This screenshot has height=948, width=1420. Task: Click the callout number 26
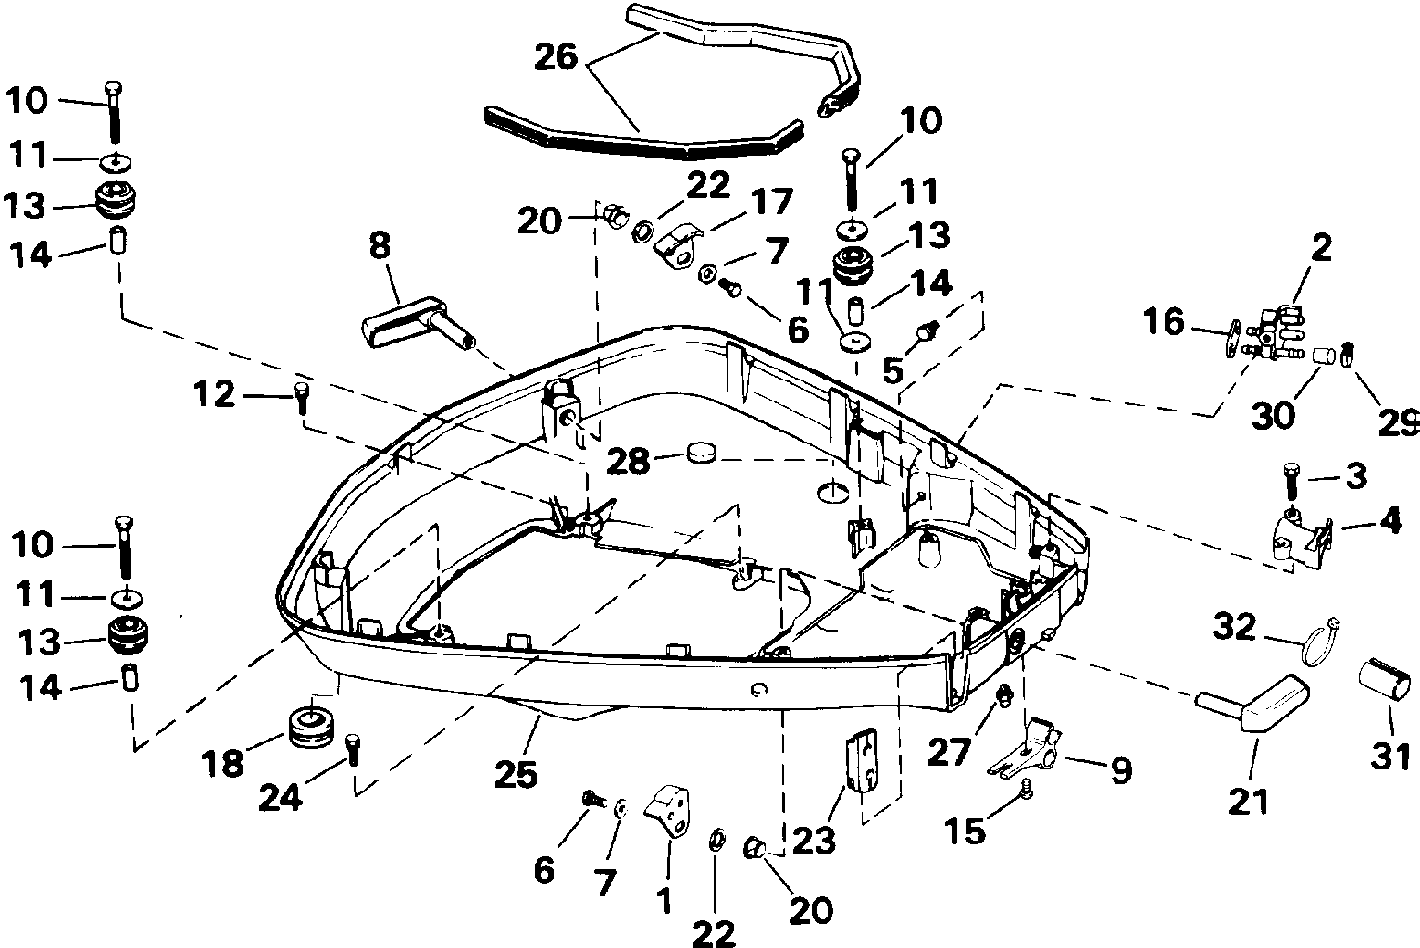(x=556, y=57)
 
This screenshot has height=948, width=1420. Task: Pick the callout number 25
(x=516, y=774)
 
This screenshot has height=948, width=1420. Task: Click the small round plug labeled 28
(x=701, y=454)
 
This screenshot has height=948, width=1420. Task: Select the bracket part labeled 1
(x=668, y=812)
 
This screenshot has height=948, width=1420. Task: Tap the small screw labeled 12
(x=301, y=398)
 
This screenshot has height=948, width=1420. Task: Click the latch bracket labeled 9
(x=1025, y=747)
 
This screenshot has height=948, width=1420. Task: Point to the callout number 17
(x=771, y=201)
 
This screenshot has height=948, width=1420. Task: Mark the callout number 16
(x=1164, y=321)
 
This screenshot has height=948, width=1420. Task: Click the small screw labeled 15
(x=1027, y=790)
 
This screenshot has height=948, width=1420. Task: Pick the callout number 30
(x=1273, y=416)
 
